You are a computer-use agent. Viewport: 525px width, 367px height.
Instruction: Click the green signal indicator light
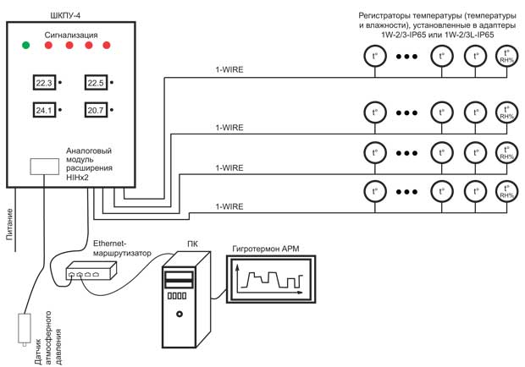tap(25, 45)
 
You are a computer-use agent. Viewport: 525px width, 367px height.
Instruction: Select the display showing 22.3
tap(44, 83)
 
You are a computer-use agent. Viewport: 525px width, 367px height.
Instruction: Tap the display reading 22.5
tap(96, 83)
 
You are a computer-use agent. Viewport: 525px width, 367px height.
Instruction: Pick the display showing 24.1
tap(44, 110)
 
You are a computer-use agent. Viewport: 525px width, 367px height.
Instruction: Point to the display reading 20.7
tap(96, 110)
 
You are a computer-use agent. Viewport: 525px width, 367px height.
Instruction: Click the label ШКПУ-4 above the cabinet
tap(65, 15)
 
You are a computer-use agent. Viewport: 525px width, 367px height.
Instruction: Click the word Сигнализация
tap(71, 36)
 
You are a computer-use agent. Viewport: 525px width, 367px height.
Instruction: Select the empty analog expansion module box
tap(45, 167)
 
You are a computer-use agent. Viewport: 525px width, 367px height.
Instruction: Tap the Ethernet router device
tap(91, 271)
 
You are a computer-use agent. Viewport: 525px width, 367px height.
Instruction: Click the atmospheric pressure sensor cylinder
tap(24, 329)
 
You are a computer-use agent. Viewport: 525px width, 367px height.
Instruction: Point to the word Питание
tap(9, 224)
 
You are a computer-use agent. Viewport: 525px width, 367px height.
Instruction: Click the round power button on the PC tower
tap(180, 315)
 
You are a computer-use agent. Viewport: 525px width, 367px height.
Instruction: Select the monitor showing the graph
tap(271, 279)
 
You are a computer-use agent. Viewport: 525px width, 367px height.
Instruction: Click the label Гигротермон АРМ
tap(266, 249)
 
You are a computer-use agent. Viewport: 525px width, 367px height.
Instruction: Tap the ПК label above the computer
tap(192, 244)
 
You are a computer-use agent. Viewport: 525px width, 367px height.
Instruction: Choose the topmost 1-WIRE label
tap(229, 70)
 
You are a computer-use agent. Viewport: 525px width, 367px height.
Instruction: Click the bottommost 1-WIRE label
tap(229, 206)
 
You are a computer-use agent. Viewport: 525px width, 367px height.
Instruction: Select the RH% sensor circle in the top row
tap(506, 56)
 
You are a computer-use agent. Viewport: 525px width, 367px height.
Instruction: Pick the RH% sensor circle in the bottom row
tap(506, 191)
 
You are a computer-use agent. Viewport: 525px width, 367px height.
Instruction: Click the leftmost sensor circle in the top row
tap(375, 56)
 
